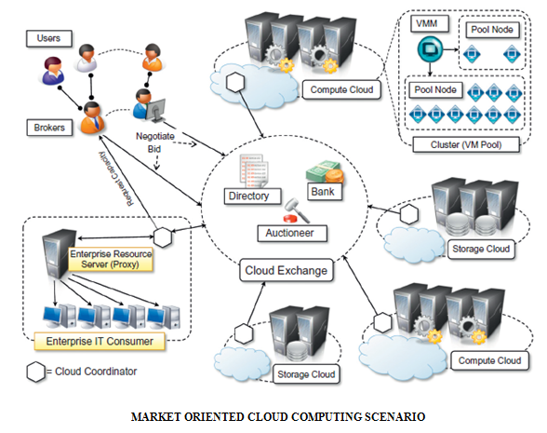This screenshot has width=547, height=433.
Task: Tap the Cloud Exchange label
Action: [287, 271]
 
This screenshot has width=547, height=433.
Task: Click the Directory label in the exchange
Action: [248, 196]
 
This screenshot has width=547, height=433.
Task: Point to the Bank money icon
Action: [324, 173]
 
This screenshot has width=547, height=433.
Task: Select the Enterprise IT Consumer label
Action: [100, 342]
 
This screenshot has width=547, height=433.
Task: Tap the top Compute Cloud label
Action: [340, 90]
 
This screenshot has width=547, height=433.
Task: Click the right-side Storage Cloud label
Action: [480, 249]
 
